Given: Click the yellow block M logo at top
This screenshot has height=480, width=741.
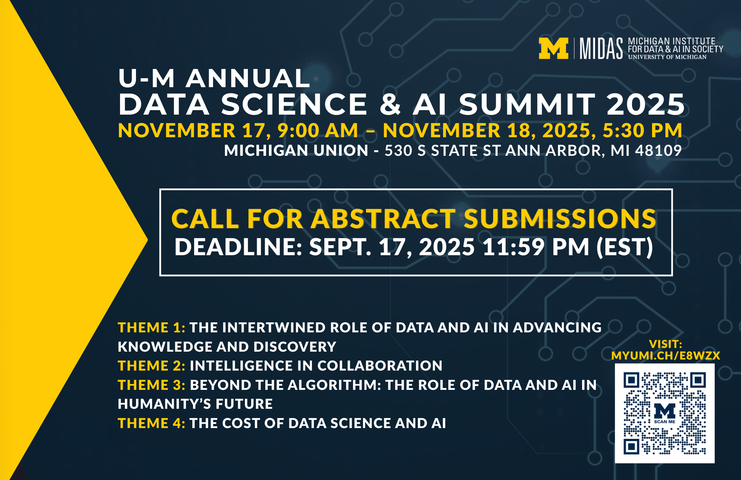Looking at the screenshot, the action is [x=554, y=49].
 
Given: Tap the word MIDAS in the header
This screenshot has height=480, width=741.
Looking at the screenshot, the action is [x=601, y=49].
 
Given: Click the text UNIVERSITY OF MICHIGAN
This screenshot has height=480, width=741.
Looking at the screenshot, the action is [x=667, y=57].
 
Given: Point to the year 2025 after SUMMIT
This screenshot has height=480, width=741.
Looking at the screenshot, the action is [x=646, y=104].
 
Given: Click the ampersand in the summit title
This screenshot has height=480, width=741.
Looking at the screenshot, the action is [x=390, y=104].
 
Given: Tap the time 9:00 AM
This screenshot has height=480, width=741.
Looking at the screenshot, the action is [x=318, y=131].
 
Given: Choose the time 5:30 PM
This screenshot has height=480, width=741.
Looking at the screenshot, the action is [x=642, y=131].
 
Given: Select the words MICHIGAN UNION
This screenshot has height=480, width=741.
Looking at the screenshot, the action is [x=296, y=151].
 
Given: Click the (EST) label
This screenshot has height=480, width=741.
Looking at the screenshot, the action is [x=625, y=247].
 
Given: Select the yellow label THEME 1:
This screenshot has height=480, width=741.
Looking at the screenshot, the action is [x=152, y=328].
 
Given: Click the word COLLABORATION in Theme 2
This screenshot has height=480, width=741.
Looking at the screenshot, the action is [x=380, y=366].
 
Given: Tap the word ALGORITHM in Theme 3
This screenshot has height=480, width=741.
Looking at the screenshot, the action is [x=335, y=385].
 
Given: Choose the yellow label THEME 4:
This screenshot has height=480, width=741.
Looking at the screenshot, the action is [x=152, y=423].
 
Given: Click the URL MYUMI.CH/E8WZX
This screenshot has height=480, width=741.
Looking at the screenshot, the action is [x=666, y=356].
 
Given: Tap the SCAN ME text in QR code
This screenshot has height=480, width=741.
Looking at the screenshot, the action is [x=665, y=422].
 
